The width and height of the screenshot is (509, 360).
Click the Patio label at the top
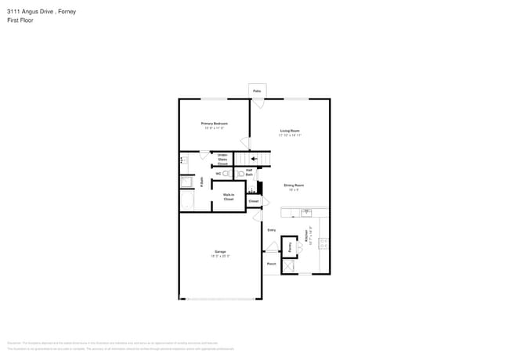tap(257, 92)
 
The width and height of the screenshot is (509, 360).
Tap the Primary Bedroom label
tap(214, 124)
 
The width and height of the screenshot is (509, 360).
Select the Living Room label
tap(290, 131)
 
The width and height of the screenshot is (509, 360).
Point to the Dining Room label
tap(294, 185)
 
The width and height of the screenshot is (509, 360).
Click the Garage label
tap(219, 252)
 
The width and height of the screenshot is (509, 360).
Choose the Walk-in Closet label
tap(229, 197)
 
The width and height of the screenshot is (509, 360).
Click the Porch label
tap(271, 264)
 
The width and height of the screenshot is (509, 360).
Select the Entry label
tap(272, 230)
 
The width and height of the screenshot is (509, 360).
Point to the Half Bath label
tap(249, 171)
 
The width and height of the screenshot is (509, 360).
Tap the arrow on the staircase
tap(254, 159)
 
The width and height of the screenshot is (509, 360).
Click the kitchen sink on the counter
tap(307, 212)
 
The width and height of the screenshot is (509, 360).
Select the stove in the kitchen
tap(323, 243)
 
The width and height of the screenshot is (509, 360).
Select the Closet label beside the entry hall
tap(253, 201)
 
